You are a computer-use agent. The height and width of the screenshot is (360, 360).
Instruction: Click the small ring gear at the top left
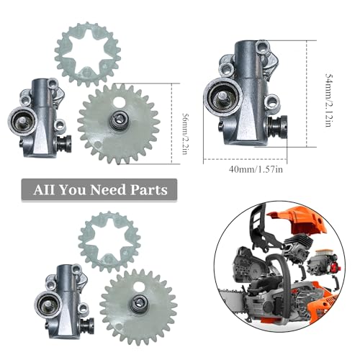coord(87,48)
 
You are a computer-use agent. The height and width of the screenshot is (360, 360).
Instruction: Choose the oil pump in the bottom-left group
coord(63,295)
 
